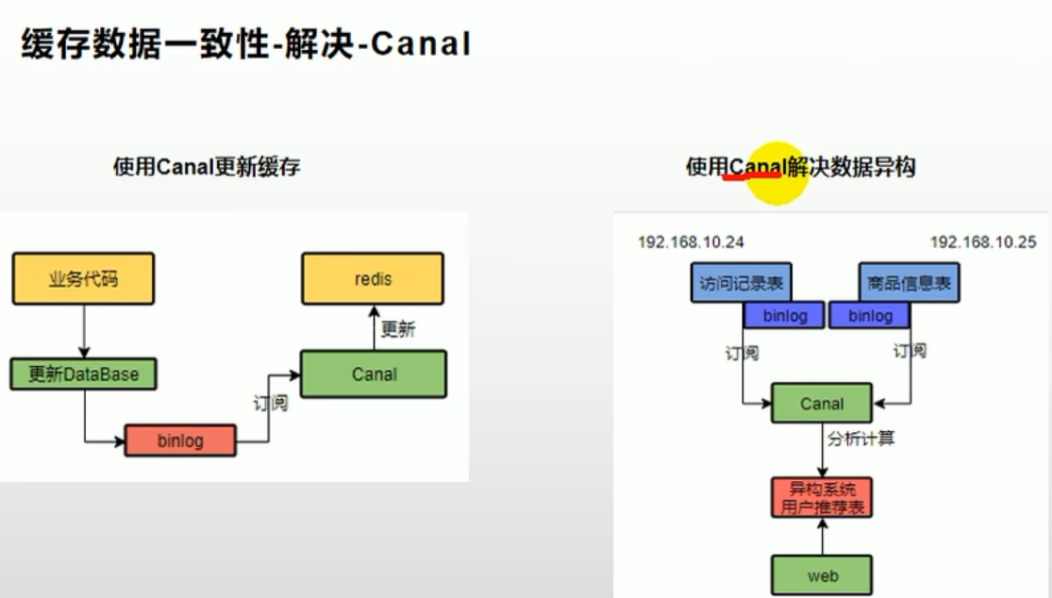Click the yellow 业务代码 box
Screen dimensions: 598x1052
click(x=83, y=279)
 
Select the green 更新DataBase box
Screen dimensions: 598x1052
click(x=83, y=374)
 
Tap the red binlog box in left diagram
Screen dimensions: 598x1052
click(x=180, y=440)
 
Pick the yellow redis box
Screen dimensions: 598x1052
click(x=373, y=279)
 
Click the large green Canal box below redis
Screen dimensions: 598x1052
click(x=373, y=374)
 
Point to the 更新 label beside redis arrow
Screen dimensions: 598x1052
click(x=397, y=329)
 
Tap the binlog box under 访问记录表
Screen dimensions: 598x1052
click(x=784, y=316)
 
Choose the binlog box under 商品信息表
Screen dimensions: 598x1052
click(x=869, y=316)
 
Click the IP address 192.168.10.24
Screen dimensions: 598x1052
click(x=691, y=242)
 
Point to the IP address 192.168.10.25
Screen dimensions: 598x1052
click(x=983, y=242)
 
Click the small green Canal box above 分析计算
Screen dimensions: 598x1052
click(x=822, y=404)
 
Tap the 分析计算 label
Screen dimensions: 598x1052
click(x=860, y=439)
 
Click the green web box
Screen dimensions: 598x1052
click(x=822, y=575)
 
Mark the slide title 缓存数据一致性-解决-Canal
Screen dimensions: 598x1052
click(x=245, y=44)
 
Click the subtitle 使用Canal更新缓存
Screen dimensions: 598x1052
click(x=207, y=168)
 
